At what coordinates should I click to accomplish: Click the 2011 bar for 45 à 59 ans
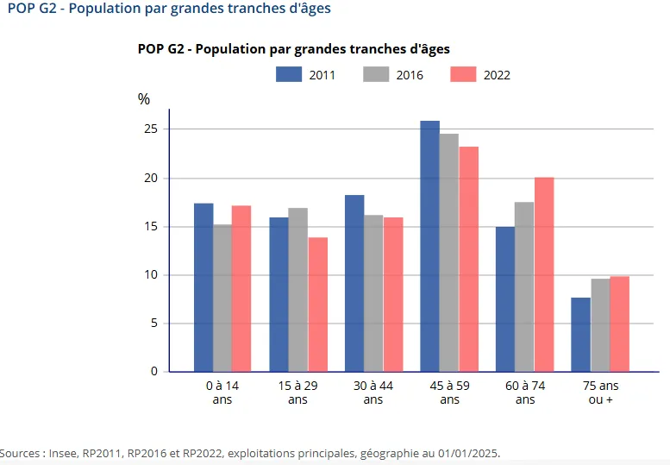(x=429, y=246)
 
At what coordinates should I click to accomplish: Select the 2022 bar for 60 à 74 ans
(x=544, y=274)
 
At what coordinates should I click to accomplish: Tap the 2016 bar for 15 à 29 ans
(x=297, y=290)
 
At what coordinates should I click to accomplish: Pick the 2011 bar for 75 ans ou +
(x=580, y=335)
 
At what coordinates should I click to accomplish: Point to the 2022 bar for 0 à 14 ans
(x=241, y=288)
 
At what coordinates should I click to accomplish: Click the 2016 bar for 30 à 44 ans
(x=373, y=293)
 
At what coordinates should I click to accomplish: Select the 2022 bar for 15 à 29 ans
(x=317, y=305)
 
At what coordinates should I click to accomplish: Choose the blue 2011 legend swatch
(x=288, y=74)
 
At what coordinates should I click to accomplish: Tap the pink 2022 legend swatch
(x=463, y=74)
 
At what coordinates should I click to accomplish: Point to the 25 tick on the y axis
(x=152, y=129)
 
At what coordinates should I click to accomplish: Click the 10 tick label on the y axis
(x=152, y=275)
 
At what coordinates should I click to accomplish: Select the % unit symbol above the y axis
(x=144, y=99)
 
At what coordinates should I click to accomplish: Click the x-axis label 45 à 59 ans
(x=449, y=393)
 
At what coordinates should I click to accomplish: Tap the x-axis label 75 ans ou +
(x=601, y=393)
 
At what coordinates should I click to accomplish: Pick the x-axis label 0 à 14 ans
(x=222, y=393)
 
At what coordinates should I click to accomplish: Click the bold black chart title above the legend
(x=293, y=49)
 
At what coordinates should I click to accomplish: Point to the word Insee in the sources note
(x=65, y=453)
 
